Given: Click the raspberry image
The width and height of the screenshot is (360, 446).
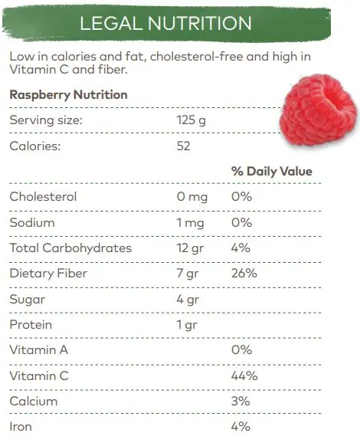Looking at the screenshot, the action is pos(318,110).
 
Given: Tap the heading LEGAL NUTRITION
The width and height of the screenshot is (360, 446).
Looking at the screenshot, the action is pos(165,23).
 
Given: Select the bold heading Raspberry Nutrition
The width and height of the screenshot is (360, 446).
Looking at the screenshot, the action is pos(68,95).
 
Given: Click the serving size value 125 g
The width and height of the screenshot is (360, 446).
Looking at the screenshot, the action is pos(191,120).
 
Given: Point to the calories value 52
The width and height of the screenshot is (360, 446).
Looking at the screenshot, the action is pos(183,146).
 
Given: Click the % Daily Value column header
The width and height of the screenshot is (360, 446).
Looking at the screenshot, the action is pos(272,171).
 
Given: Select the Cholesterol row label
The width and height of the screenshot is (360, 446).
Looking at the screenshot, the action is pos(43,196).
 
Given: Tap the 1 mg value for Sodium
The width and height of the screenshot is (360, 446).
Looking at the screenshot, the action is pos(190,223).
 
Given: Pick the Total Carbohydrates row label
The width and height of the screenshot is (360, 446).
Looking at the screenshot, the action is pos(70,248).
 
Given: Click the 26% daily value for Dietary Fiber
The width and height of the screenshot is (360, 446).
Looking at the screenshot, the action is pos(244,274).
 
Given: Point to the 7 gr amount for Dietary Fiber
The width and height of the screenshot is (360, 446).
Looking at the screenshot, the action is pos(188,274).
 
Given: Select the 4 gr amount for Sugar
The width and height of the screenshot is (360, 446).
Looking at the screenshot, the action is pos(188,299).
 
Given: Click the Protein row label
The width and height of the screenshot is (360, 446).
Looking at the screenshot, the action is pos(31,325).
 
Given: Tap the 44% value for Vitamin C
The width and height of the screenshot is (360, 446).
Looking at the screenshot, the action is pos(244,375).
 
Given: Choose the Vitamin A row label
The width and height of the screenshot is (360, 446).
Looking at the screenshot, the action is pos(39,350).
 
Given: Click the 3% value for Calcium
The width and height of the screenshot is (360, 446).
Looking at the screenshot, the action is pos(241,401).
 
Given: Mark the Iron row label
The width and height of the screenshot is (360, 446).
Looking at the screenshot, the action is pos(21,427).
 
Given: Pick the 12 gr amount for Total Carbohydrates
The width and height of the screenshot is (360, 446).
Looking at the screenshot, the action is pos(190,248).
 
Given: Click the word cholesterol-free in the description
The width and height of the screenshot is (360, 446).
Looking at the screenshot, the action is pos(197,56).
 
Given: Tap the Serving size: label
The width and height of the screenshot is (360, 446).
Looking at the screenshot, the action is pos(46,120).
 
